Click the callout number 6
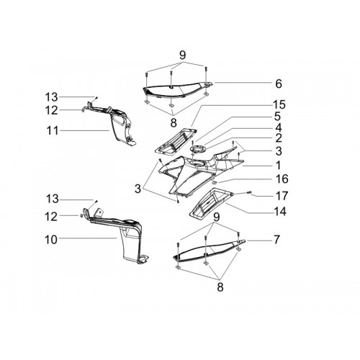279,84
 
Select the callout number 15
279,104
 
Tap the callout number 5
277,117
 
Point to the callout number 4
279,127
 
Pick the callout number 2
279,138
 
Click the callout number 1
278,165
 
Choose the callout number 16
282,179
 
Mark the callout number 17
282,196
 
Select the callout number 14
280,212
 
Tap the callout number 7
276,239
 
